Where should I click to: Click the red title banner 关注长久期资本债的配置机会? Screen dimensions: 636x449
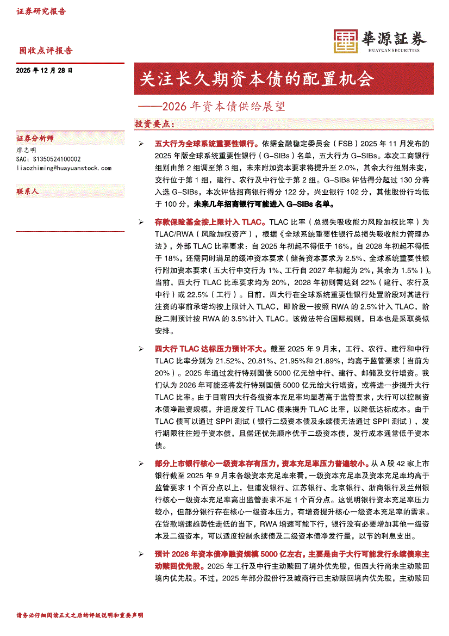tap(257, 79)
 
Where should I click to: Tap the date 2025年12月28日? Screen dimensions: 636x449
tap(44, 71)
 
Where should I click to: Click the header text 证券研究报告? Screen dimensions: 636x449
tap(41, 11)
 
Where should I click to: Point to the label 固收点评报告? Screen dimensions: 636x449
tap(46, 51)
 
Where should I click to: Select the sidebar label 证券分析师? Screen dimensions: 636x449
tap(35, 139)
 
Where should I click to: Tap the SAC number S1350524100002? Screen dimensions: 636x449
tap(49, 159)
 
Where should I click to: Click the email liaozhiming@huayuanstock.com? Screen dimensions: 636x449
tap(64, 168)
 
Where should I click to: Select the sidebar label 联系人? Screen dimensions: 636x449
tap(28, 192)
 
